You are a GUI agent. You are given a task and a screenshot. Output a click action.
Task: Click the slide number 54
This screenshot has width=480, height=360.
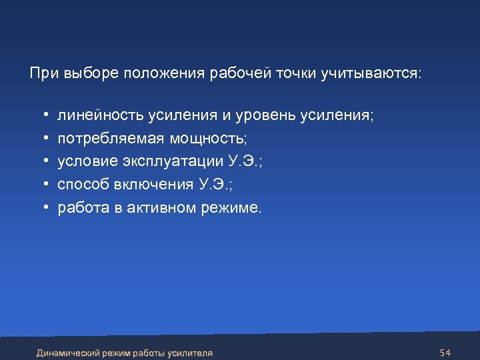446,352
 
